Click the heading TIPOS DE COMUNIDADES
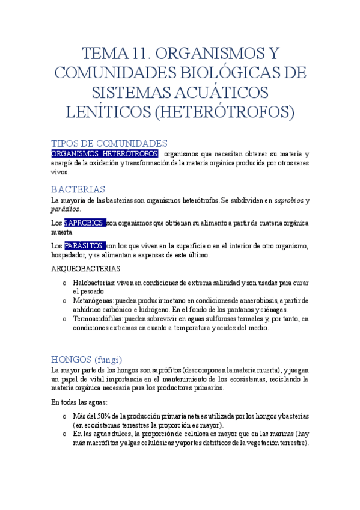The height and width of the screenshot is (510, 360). coord(109,143)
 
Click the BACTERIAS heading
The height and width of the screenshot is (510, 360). coord(78,189)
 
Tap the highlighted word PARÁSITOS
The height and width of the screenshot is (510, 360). coord(84,246)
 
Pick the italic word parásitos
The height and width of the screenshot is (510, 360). coord(65,209)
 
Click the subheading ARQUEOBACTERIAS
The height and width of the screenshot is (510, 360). coord(85,268)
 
